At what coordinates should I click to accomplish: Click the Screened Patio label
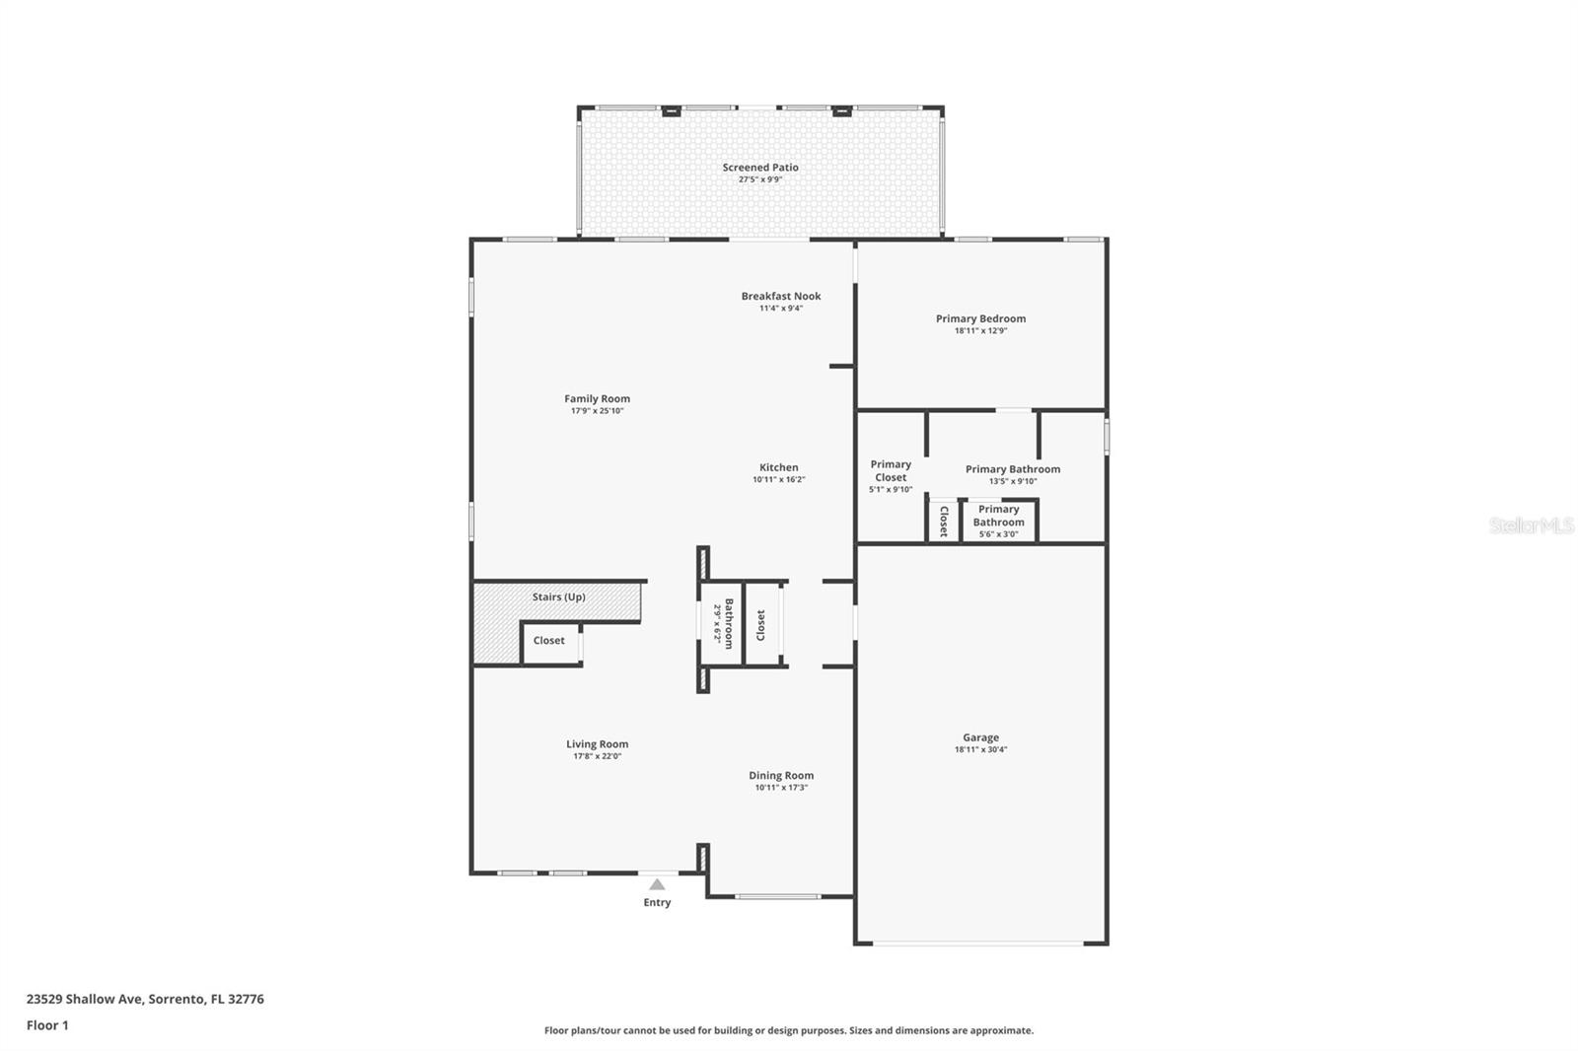(760, 168)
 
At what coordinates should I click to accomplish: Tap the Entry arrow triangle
(657, 884)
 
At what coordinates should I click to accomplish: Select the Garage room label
(980, 737)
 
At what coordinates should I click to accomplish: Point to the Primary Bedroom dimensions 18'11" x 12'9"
(980, 331)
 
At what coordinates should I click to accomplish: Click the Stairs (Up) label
(558, 597)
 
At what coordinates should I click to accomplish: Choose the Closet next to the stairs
(549, 641)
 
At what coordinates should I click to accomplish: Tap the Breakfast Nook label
(781, 296)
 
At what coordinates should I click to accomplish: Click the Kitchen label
(778, 467)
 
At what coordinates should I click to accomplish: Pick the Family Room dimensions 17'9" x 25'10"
(597, 411)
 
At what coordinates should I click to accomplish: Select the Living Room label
(597, 744)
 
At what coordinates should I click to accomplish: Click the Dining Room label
(781, 776)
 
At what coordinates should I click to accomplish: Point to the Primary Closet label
(891, 470)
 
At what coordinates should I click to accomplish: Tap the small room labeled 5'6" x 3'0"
(999, 522)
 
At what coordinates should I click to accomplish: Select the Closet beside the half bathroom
(761, 625)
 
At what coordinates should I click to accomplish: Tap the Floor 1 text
(47, 1025)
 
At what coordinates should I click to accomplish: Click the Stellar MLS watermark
(1531, 526)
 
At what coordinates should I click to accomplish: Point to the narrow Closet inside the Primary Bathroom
(943, 522)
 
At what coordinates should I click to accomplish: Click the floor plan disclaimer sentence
(789, 1030)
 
